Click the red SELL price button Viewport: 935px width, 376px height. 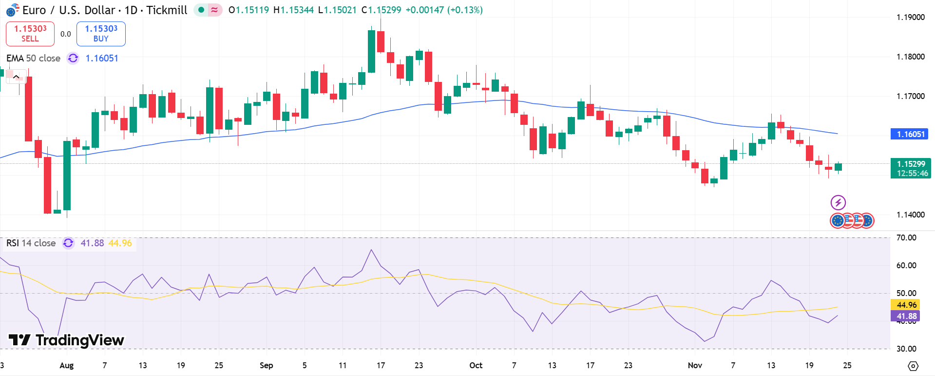click(30, 34)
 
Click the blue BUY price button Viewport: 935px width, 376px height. click(101, 34)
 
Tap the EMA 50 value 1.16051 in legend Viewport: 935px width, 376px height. click(102, 59)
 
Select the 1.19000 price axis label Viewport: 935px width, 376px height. click(910, 18)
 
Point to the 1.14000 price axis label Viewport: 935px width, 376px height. click(910, 215)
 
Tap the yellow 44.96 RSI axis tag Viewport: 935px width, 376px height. click(906, 305)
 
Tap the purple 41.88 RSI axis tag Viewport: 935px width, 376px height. click(906, 316)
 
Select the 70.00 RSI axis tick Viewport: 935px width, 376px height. click(906, 238)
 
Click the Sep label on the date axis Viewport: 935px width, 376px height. click(266, 365)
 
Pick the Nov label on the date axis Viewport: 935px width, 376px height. click(695, 365)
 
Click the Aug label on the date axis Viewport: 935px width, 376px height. click(66, 365)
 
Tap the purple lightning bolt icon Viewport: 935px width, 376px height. click(838, 202)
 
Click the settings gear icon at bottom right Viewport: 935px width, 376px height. click(913, 366)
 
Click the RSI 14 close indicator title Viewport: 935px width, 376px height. click(31, 243)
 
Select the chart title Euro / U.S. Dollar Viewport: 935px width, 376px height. click(69, 10)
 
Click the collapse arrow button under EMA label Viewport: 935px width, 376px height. click(16, 77)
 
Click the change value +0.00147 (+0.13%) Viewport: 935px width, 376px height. click(444, 10)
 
